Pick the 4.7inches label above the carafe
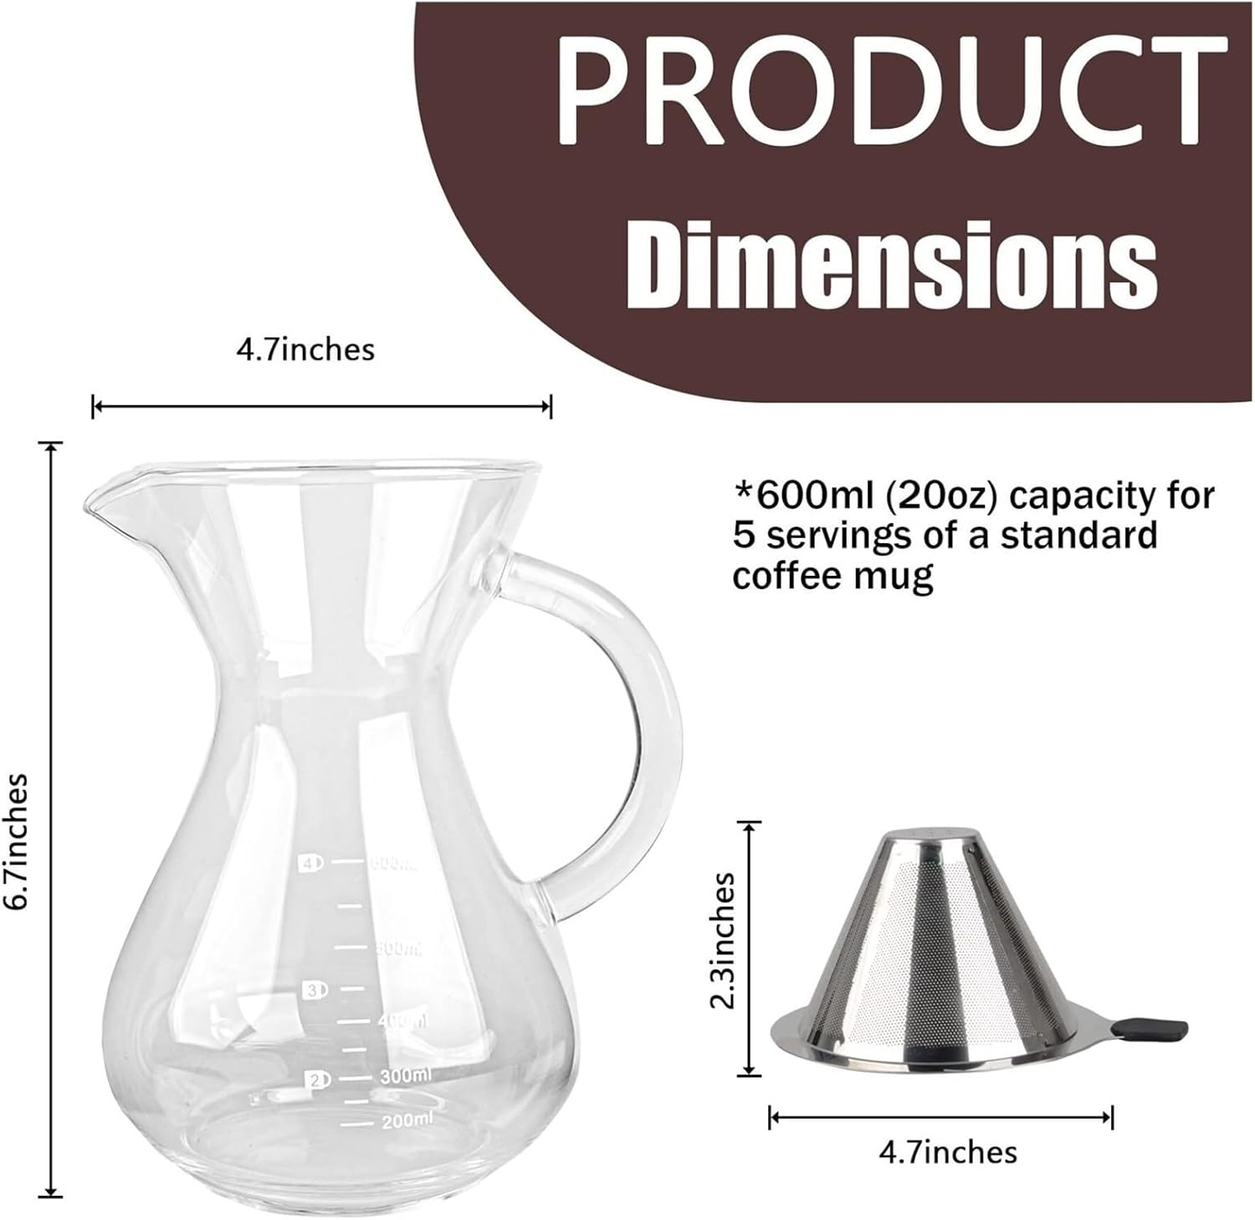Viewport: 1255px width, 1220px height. [x=305, y=349]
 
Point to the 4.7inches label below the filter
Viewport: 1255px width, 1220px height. [x=948, y=1152]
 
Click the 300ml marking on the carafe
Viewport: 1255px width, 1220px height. [x=405, y=1077]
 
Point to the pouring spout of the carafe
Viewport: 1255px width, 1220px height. [x=96, y=502]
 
